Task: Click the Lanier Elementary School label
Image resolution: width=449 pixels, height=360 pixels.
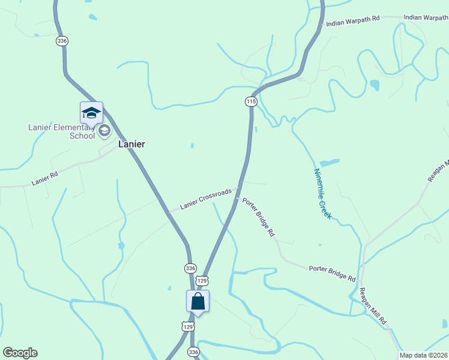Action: tap(61, 131)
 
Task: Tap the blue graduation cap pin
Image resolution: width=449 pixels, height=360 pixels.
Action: tap(91, 113)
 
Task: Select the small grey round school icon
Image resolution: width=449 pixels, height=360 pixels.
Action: tap(104, 130)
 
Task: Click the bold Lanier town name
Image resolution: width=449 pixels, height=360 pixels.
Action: tap(131, 144)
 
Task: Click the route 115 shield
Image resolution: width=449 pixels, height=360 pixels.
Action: tap(251, 102)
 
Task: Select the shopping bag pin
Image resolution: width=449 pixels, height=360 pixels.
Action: tap(198, 302)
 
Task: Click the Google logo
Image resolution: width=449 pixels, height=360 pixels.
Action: tap(20, 353)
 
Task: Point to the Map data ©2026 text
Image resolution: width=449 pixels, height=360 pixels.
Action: tap(424, 355)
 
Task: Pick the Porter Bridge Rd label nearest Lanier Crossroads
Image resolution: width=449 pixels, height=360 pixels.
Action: tap(259, 216)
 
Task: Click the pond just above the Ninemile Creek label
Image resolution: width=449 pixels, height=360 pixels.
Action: tap(329, 163)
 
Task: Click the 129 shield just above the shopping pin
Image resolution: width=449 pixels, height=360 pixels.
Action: tap(202, 280)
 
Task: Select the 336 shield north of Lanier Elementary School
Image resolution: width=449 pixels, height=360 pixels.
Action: tap(62, 41)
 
